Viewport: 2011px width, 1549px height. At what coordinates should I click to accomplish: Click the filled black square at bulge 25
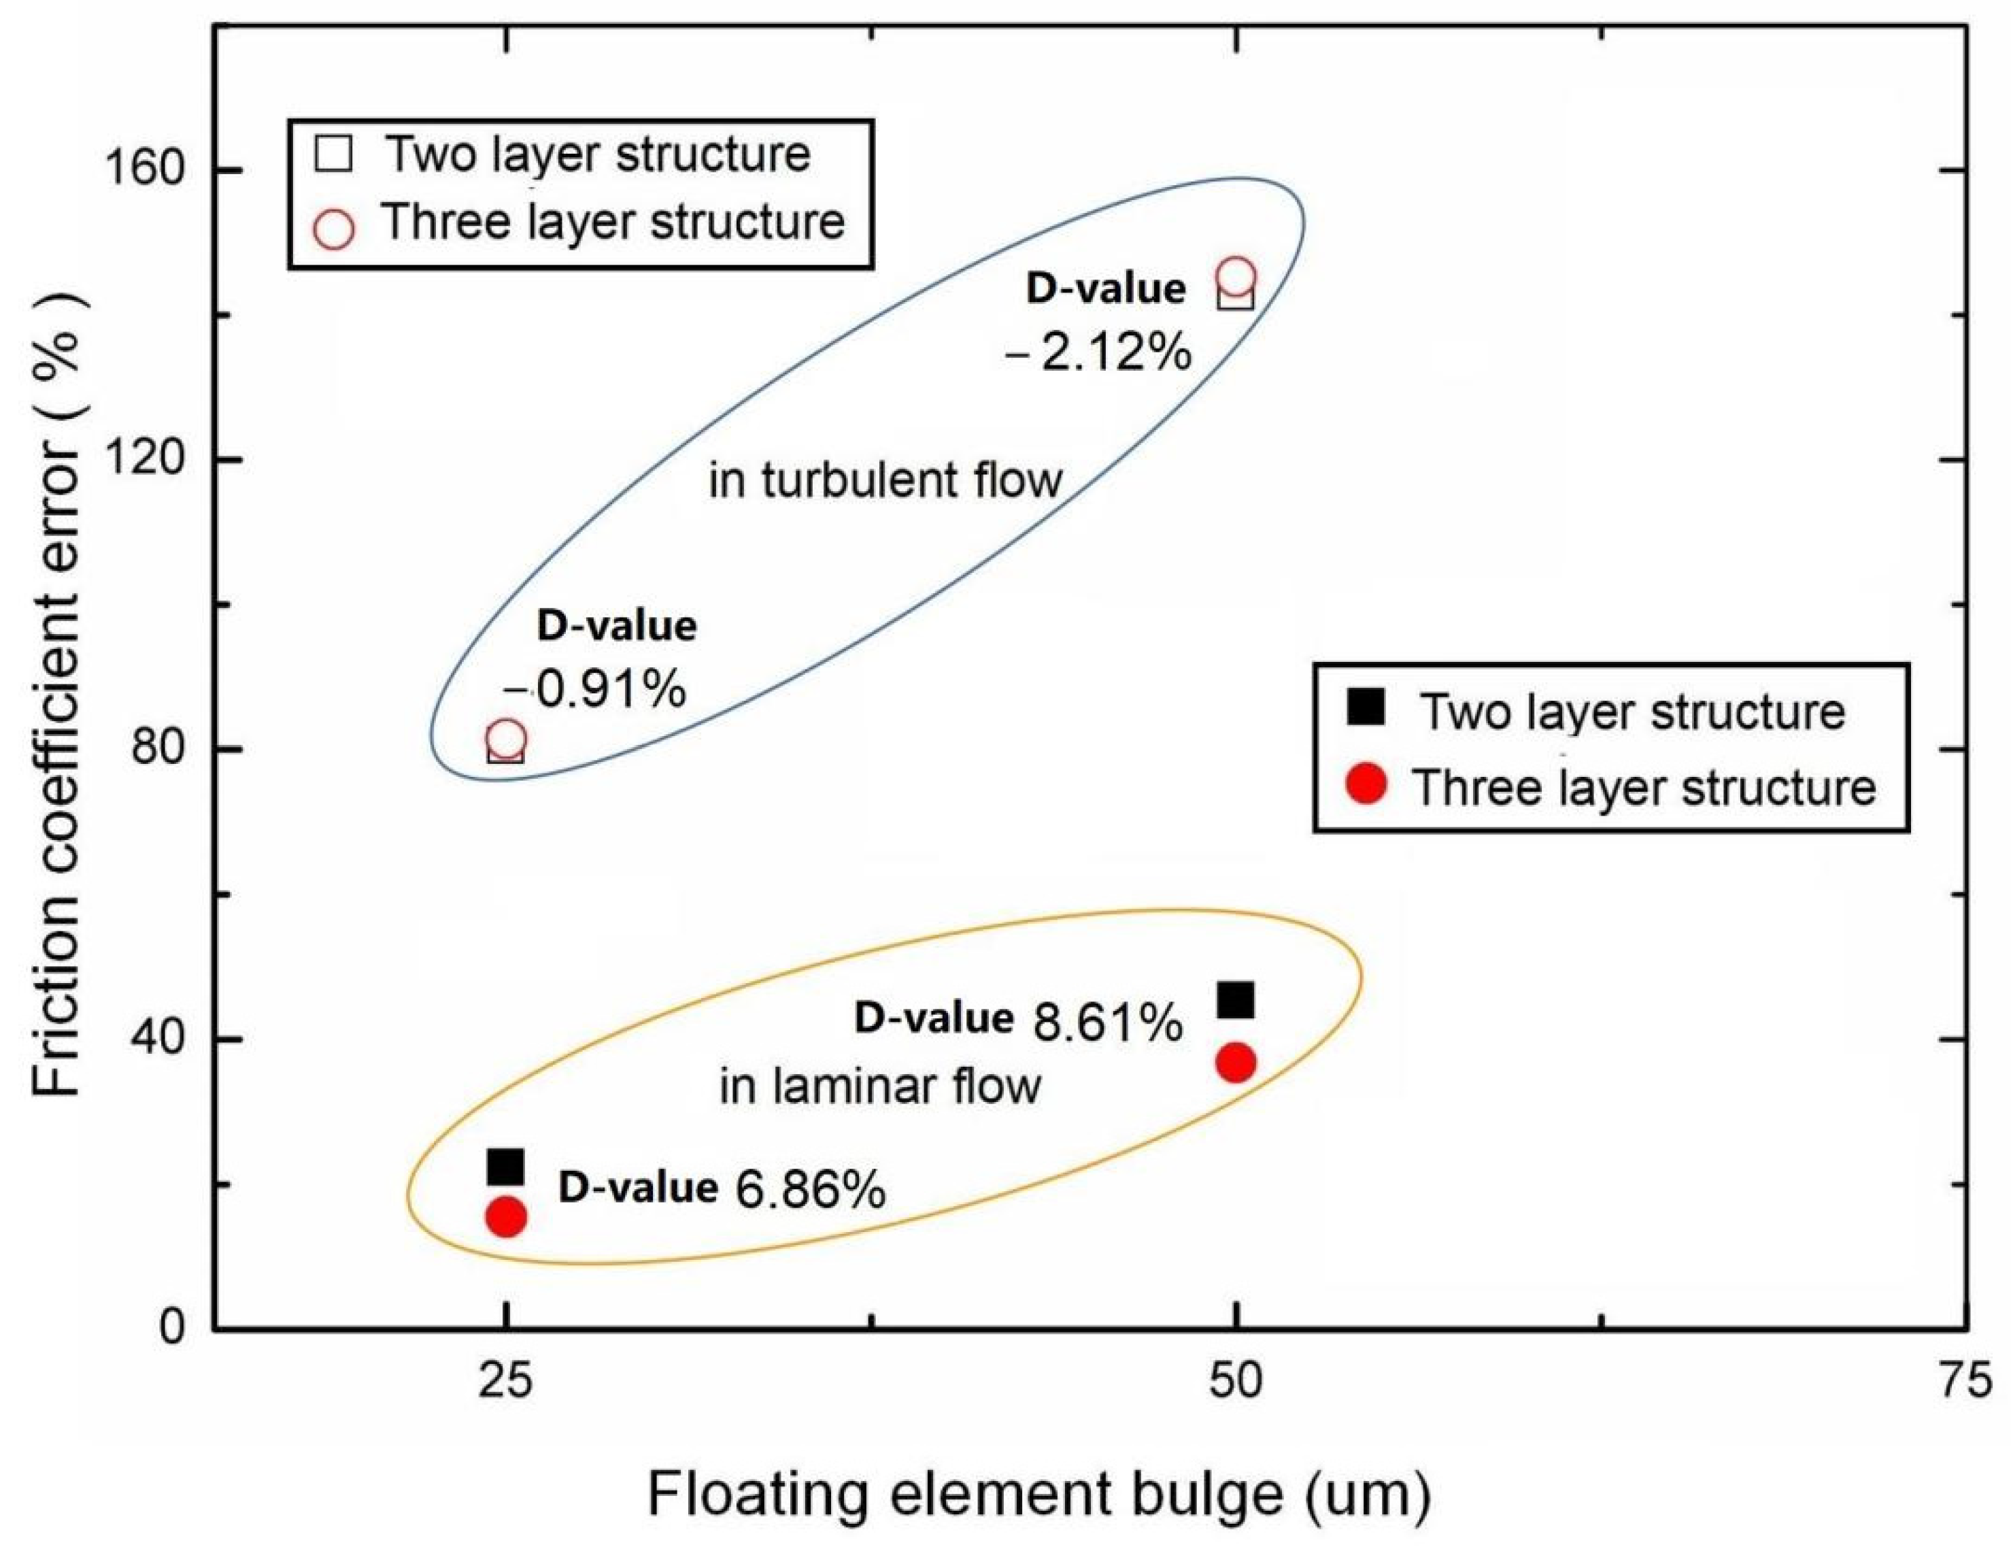point(505,1167)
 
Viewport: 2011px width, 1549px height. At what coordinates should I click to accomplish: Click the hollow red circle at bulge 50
point(1236,276)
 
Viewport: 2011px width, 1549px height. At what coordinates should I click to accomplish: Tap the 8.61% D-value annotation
point(1106,1022)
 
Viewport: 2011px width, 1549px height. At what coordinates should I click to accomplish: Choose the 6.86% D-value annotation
point(810,1190)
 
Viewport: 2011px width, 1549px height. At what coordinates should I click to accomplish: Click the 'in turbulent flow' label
point(885,481)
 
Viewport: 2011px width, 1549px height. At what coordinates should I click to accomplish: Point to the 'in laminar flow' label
point(879,1086)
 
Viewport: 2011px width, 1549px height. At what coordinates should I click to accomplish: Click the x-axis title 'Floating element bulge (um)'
point(1038,1495)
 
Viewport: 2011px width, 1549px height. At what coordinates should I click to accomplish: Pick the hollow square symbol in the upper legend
point(333,154)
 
